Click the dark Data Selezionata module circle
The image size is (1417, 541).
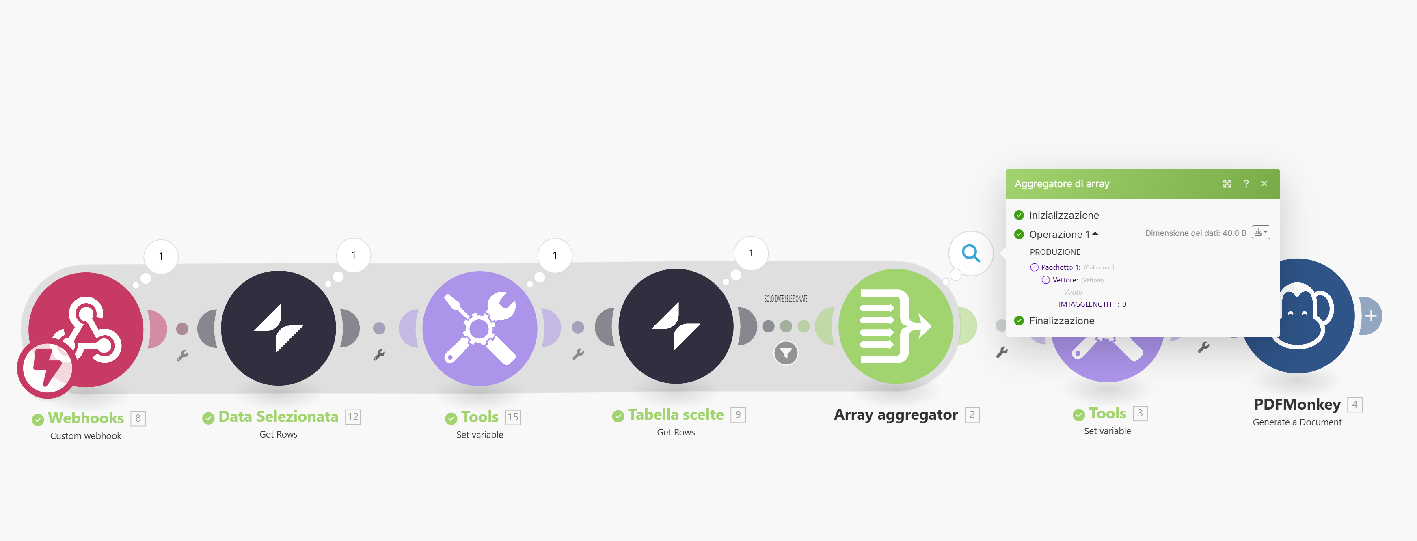coord(279,328)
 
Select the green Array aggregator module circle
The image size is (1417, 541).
coord(896,326)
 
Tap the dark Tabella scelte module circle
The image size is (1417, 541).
coord(676,326)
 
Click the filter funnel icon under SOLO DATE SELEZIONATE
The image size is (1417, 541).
coord(786,353)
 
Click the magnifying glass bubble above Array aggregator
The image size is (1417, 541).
coord(971,254)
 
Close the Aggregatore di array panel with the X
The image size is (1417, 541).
coord(1264,183)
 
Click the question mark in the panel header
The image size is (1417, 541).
coord(1246,183)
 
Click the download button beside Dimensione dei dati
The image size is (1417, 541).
coord(1261,233)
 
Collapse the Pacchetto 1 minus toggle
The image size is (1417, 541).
coord(1034,267)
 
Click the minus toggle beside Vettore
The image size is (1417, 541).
coord(1046,280)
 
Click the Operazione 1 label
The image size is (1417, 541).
coord(1059,234)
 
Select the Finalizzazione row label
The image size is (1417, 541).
coord(1062,321)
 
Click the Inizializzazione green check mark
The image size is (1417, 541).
coord(1019,215)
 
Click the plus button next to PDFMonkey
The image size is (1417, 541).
coord(1371,316)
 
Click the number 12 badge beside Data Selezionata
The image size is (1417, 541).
coord(352,417)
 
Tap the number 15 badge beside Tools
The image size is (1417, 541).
coord(513,417)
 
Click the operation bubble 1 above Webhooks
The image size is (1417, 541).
coord(161,256)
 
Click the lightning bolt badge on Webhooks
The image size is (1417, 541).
coord(45,369)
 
